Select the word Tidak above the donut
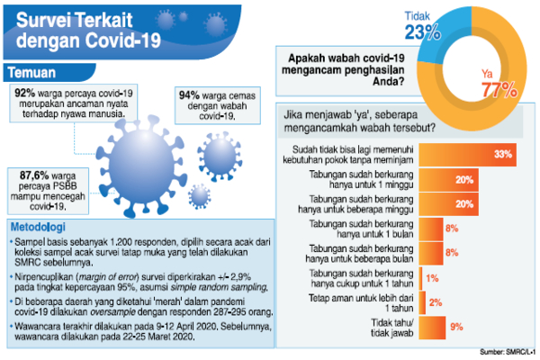coord(416,15)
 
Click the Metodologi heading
coord(42,227)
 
